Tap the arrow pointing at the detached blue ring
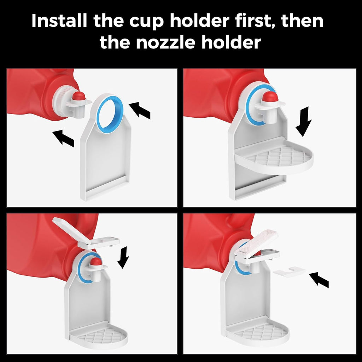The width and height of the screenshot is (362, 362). pyautogui.click(x=140, y=110)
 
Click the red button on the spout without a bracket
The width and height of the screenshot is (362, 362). pyautogui.click(x=79, y=96)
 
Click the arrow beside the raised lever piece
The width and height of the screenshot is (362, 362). pyautogui.click(x=123, y=257)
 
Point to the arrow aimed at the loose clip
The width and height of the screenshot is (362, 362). pyautogui.click(x=319, y=280)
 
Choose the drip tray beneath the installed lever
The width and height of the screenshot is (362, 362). pyautogui.click(x=258, y=331)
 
